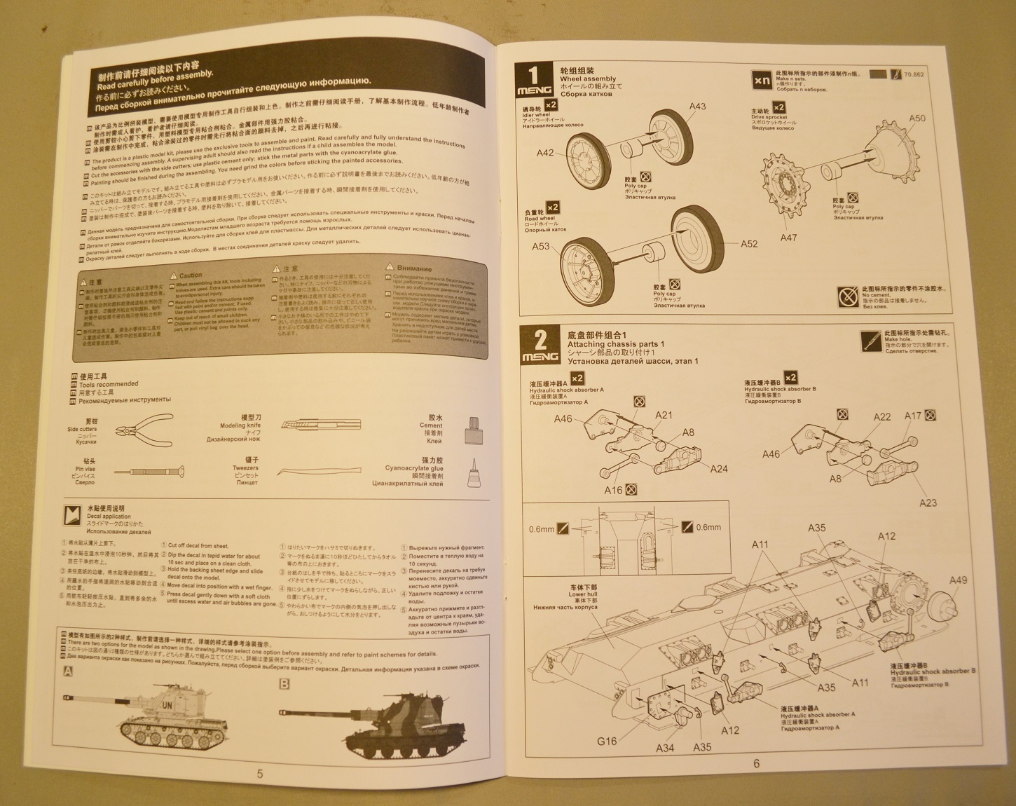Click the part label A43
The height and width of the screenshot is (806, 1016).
[x=697, y=107]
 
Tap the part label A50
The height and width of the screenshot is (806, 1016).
[x=917, y=118]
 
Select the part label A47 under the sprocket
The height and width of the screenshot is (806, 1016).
[x=788, y=238]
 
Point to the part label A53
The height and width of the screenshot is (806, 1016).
[x=540, y=246]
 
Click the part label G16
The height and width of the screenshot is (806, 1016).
[x=607, y=741]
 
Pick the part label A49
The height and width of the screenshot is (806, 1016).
[x=958, y=580]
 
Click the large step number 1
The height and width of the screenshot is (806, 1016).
[x=533, y=75]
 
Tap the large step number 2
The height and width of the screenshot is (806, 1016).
[x=540, y=341]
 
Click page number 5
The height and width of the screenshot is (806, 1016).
[x=260, y=774]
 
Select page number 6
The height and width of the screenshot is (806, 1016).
[x=756, y=763]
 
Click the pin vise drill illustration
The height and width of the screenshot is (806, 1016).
[x=148, y=472]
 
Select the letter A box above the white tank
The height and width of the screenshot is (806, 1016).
[x=68, y=671]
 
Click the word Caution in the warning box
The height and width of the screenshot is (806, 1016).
[x=190, y=275]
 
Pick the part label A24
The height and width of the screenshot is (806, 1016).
[x=719, y=469]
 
